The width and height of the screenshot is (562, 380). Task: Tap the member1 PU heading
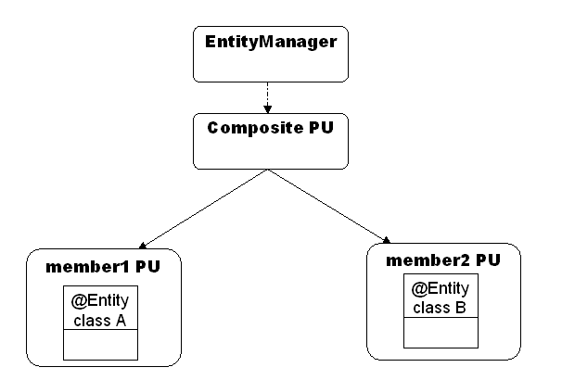coord(101,268)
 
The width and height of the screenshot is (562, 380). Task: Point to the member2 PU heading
coord(442,260)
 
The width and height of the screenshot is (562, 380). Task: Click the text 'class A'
coord(100,321)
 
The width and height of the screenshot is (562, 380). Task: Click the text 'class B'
coord(441,308)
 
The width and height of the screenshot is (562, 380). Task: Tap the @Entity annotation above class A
coord(100,301)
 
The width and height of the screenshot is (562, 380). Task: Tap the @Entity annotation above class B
coord(441,288)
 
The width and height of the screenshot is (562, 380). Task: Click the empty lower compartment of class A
coord(100,345)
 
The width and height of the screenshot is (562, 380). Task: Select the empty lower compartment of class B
coord(441,332)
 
